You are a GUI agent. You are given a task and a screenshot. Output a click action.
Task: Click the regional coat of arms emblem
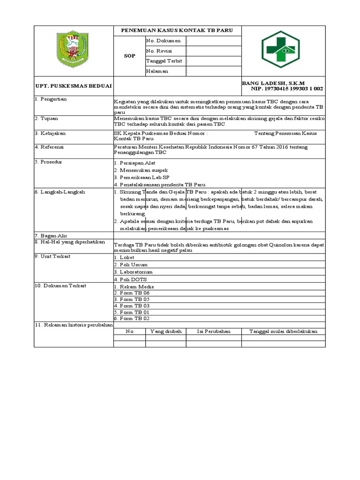click(x=73, y=48)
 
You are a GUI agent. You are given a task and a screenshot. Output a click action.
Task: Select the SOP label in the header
click(x=129, y=56)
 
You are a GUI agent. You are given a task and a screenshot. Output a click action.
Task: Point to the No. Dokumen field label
click(x=163, y=41)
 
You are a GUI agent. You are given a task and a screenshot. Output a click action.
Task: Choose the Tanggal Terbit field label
click(x=164, y=61)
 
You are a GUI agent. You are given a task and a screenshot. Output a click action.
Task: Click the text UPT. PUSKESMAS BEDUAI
click(x=73, y=86)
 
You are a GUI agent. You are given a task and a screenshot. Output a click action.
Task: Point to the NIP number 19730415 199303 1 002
click(x=287, y=89)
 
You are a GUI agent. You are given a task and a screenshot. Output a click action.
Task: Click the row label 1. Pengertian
click(x=51, y=99)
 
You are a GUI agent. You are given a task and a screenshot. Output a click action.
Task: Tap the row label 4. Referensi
click(x=50, y=147)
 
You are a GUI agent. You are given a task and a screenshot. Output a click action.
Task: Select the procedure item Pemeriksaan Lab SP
click(x=141, y=177)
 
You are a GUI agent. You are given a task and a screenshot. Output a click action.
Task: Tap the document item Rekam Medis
click(x=136, y=286)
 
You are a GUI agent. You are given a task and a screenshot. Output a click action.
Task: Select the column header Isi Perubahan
click(x=213, y=331)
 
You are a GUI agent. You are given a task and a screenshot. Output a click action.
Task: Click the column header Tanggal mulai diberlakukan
click(x=283, y=331)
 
